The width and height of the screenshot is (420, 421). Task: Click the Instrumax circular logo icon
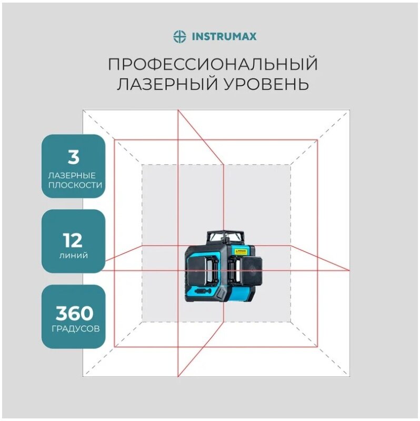(x=180, y=36)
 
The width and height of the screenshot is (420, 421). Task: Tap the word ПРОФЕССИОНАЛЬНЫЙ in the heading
(x=213, y=65)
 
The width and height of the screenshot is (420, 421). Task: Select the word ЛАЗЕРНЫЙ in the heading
(x=157, y=84)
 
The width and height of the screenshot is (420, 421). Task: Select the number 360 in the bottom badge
(x=73, y=314)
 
